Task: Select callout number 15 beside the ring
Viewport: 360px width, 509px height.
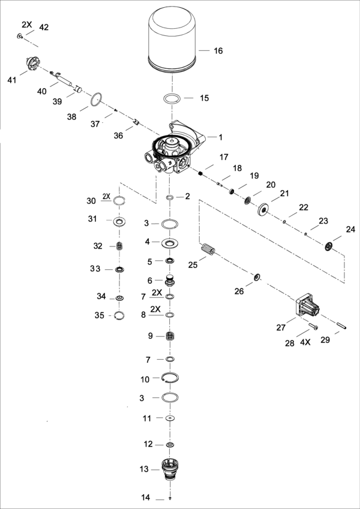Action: [205, 98]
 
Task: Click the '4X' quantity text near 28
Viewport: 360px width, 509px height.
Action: [305, 342]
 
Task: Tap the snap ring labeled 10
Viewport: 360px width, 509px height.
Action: [170, 378]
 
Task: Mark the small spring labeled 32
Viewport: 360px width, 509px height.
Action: [119, 246]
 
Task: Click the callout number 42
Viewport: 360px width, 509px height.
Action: [44, 28]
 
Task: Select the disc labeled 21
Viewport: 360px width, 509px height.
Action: [263, 210]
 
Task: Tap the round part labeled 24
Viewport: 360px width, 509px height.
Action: [328, 246]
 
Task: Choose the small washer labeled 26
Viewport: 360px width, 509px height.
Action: [257, 276]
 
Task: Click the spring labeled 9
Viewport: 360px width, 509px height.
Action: [170, 337]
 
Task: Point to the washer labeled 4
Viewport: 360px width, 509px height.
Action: [170, 243]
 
